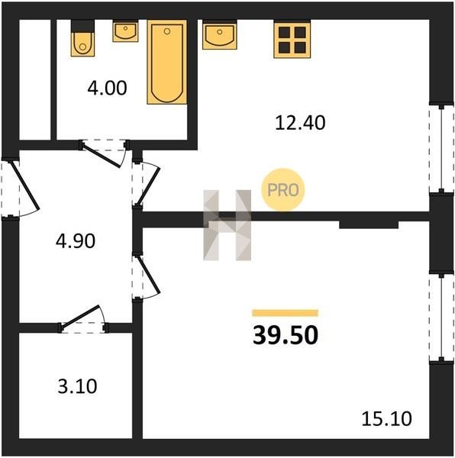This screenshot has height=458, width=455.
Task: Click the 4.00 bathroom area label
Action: point(107,88)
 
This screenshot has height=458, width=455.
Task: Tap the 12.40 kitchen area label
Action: point(300,123)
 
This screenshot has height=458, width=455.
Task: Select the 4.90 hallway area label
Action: point(76,241)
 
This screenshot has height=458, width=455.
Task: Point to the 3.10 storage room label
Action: point(77,386)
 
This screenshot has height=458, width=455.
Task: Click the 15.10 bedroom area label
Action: point(386,418)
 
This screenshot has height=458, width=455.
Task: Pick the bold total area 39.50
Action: point(286,335)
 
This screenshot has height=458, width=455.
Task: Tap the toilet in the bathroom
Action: point(82,38)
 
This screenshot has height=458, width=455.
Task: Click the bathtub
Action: point(167,62)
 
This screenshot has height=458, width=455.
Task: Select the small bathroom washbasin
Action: point(125,31)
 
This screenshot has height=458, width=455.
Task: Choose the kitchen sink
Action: point(220,34)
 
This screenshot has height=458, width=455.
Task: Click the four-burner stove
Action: point(292,39)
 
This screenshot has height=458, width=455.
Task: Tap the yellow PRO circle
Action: point(283,190)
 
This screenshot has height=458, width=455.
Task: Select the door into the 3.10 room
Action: point(82,319)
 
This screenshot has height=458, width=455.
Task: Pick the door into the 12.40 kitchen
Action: point(146,183)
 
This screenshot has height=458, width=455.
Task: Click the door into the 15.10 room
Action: point(146,276)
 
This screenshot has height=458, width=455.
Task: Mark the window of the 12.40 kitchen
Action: point(441,149)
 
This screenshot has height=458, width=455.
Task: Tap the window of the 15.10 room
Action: point(441,318)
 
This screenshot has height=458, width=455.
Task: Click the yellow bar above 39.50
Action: point(286,313)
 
